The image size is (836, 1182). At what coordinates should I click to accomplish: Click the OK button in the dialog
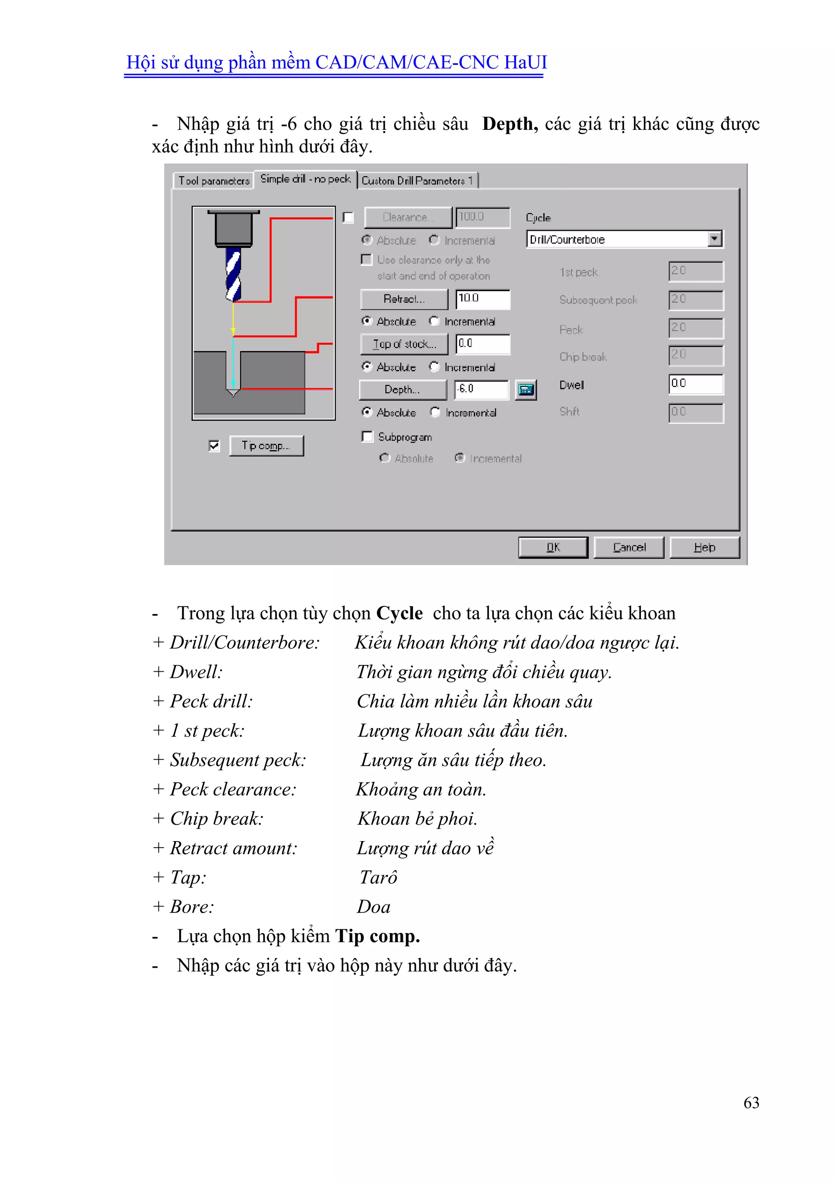(552, 547)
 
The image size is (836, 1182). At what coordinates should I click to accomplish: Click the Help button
(704, 547)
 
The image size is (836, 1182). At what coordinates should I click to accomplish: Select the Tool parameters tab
(213, 181)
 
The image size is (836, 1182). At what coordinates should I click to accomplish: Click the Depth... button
(402, 390)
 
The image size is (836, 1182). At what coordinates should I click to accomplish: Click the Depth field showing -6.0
(480, 389)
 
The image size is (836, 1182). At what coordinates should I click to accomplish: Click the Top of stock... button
(404, 344)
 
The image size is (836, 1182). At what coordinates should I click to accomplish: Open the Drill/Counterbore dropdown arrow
(714, 239)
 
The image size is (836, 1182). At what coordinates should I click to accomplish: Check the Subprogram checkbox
(367, 436)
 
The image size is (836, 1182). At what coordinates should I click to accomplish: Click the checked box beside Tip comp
(214, 445)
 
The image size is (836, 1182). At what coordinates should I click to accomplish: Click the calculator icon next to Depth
(526, 390)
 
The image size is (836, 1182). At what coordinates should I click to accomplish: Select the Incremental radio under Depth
(436, 412)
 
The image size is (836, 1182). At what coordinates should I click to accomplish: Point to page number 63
(751, 1103)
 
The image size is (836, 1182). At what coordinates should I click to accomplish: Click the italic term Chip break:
(217, 819)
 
